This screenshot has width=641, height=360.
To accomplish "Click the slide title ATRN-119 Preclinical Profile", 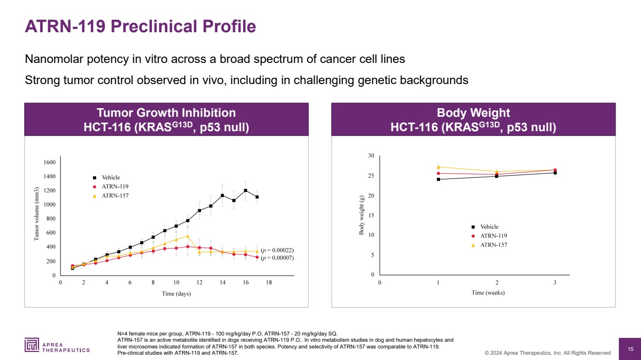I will pyautogui.click(x=140, y=26).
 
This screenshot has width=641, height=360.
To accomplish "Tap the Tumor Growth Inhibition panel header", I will pyautogui.click(x=166, y=120).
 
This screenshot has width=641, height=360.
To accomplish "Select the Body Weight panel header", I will pyautogui.click(x=473, y=120).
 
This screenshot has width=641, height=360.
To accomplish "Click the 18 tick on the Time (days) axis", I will pyautogui.click(x=269, y=283).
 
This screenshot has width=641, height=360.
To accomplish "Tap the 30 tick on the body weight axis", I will pyautogui.click(x=371, y=156).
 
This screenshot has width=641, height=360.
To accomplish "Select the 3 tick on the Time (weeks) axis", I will pyautogui.click(x=555, y=283).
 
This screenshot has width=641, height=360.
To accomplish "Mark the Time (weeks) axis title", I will pyautogui.click(x=488, y=293).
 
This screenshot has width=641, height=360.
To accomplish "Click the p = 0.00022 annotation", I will pyautogui.click(x=277, y=250).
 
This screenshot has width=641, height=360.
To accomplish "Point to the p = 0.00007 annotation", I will pyautogui.click(x=277, y=259).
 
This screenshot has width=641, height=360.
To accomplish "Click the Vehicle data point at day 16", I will pyautogui.click(x=245, y=190).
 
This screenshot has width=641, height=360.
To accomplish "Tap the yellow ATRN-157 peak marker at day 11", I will pyautogui.click(x=188, y=236).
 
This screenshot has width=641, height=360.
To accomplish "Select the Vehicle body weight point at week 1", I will pyautogui.click(x=438, y=179).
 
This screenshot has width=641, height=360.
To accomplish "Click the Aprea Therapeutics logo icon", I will pyautogui.click(x=32, y=345).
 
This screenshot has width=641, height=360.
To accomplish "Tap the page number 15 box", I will pyautogui.click(x=630, y=348).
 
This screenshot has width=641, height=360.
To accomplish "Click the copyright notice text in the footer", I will pyautogui.click(x=547, y=353).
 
